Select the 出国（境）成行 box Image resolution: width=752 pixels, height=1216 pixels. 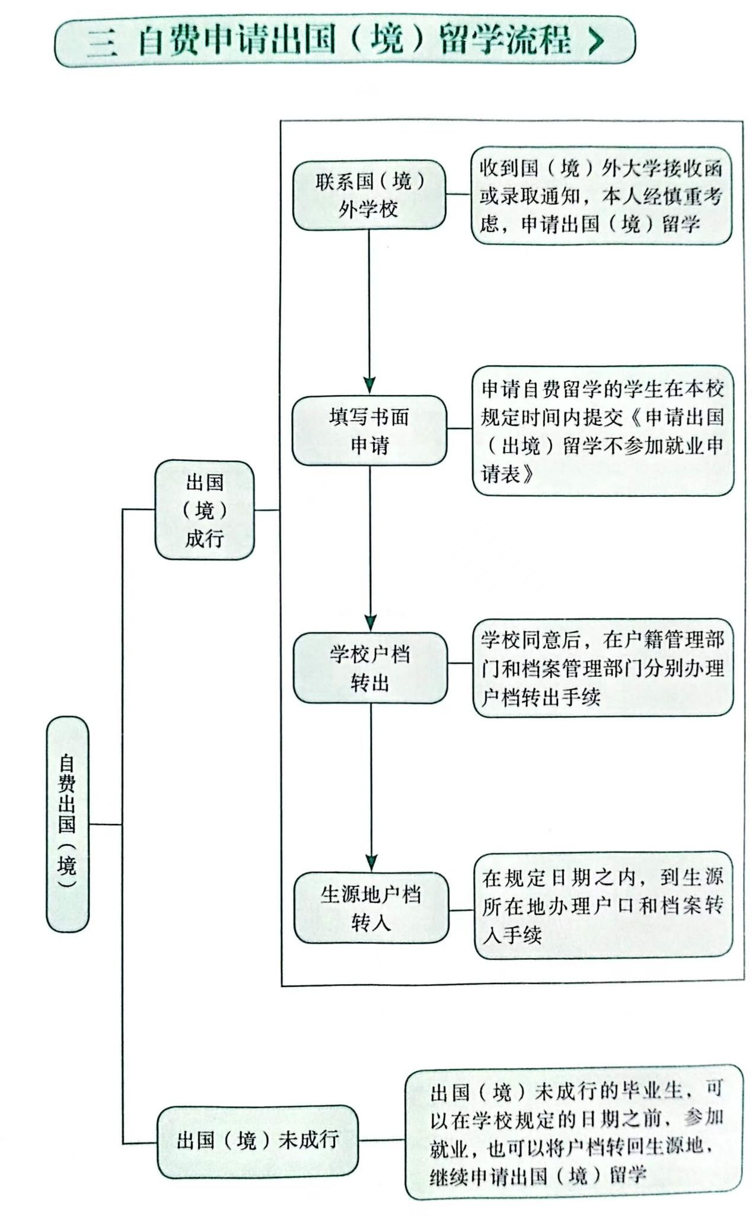205,510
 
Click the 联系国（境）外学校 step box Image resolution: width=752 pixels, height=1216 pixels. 369,195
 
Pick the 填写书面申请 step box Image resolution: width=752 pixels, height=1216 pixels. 369,430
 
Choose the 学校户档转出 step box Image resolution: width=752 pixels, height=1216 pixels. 370,668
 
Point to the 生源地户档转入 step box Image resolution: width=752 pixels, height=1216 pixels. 371,908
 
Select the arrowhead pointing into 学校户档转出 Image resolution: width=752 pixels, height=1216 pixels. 370,623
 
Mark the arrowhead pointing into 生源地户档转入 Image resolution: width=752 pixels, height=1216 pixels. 371,862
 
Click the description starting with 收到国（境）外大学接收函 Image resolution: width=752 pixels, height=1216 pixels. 601,196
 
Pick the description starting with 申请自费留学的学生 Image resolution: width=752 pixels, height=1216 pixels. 603,431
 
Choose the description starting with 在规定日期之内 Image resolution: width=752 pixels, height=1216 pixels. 603,905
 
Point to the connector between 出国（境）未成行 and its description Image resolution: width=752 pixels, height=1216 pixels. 382,1139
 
